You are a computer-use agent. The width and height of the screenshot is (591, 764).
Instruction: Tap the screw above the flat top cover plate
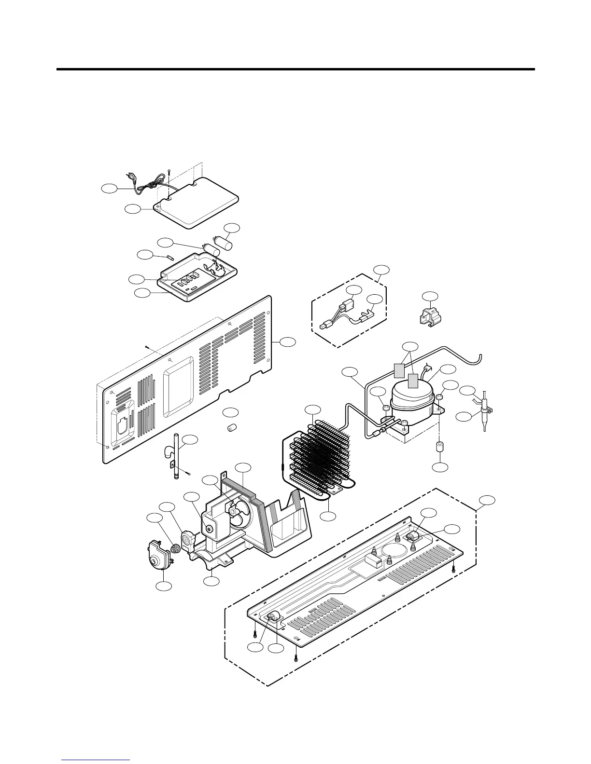[x=169, y=172]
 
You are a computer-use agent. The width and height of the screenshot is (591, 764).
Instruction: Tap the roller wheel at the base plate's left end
[x=274, y=617]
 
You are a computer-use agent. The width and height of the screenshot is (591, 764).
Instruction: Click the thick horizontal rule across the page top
[x=295, y=69]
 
